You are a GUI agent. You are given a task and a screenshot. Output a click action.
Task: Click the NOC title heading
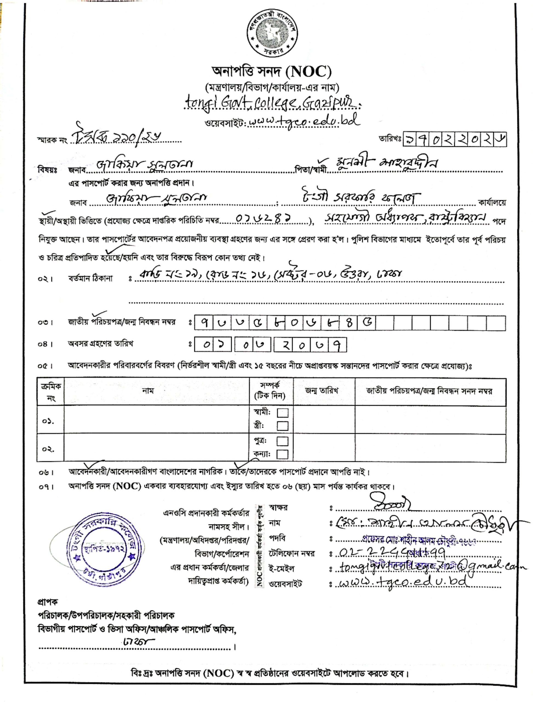(x=272, y=72)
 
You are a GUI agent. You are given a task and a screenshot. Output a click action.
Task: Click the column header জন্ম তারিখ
(x=324, y=391)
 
